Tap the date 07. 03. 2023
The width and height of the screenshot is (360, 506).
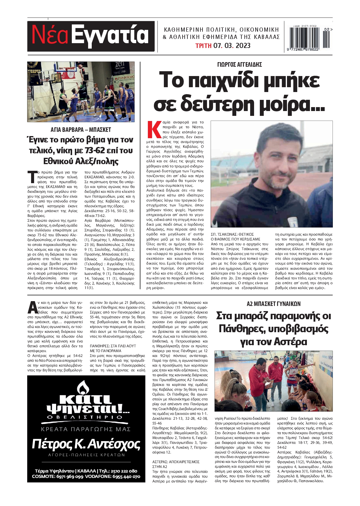click(x=232, y=46)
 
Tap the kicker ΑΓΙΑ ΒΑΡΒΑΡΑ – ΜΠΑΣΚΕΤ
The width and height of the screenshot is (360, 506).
click(x=81, y=130)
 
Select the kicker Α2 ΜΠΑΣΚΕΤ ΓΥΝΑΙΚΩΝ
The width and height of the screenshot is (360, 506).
click(x=273, y=304)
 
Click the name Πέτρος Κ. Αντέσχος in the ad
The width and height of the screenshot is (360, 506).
click(x=86, y=444)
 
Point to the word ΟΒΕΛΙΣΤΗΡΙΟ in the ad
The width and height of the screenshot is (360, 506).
click(x=86, y=417)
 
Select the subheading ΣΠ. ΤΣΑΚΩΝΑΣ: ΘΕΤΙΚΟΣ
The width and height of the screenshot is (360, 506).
click(x=232, y=234)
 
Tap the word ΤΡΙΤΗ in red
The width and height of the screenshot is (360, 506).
click(x=203, y=46)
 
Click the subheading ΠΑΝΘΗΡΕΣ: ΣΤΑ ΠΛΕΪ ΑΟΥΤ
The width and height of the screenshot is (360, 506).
click(x=113, y=346)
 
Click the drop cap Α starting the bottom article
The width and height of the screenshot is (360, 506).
click(x=32, y=307)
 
